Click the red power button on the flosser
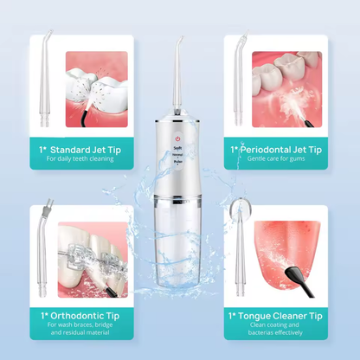[177, 138]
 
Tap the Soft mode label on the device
[177, 148]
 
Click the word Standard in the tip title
[71, 149]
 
